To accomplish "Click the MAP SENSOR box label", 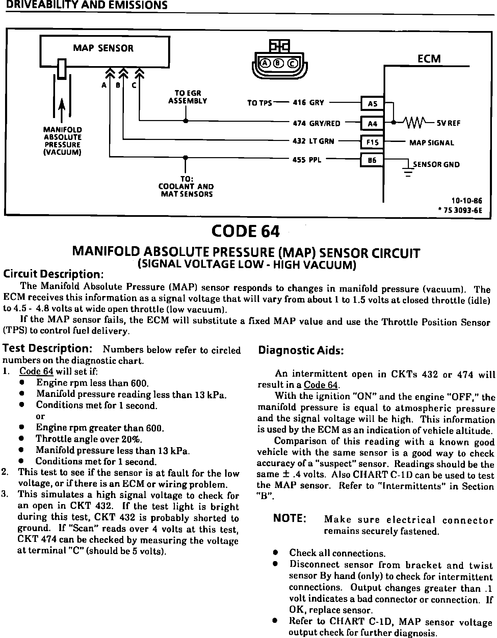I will pos(103,48).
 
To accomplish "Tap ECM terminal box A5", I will pos(372,104).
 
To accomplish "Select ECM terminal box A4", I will pos(372,123).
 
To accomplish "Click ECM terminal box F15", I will pos(372,142).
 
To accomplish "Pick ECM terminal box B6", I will pos(372,161).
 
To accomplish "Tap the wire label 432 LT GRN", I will pos(313,141).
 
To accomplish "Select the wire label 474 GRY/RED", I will pos(316,123).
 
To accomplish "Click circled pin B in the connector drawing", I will pos(279,63).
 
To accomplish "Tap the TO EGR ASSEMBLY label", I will pos(188,97).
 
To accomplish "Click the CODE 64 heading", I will pos(245,231).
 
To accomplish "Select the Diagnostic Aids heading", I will pos(301,350).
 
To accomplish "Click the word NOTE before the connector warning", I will pos(290,518).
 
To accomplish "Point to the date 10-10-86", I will pos(467,201).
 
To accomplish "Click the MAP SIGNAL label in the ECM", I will pos(431,143).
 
